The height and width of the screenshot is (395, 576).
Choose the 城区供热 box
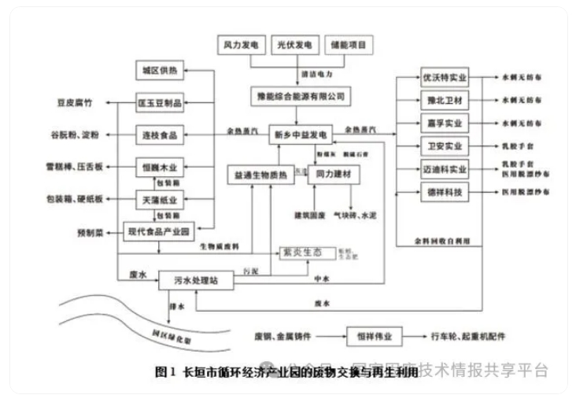160,72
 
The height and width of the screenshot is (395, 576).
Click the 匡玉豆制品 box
160,103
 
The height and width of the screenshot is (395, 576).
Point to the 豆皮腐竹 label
75,102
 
